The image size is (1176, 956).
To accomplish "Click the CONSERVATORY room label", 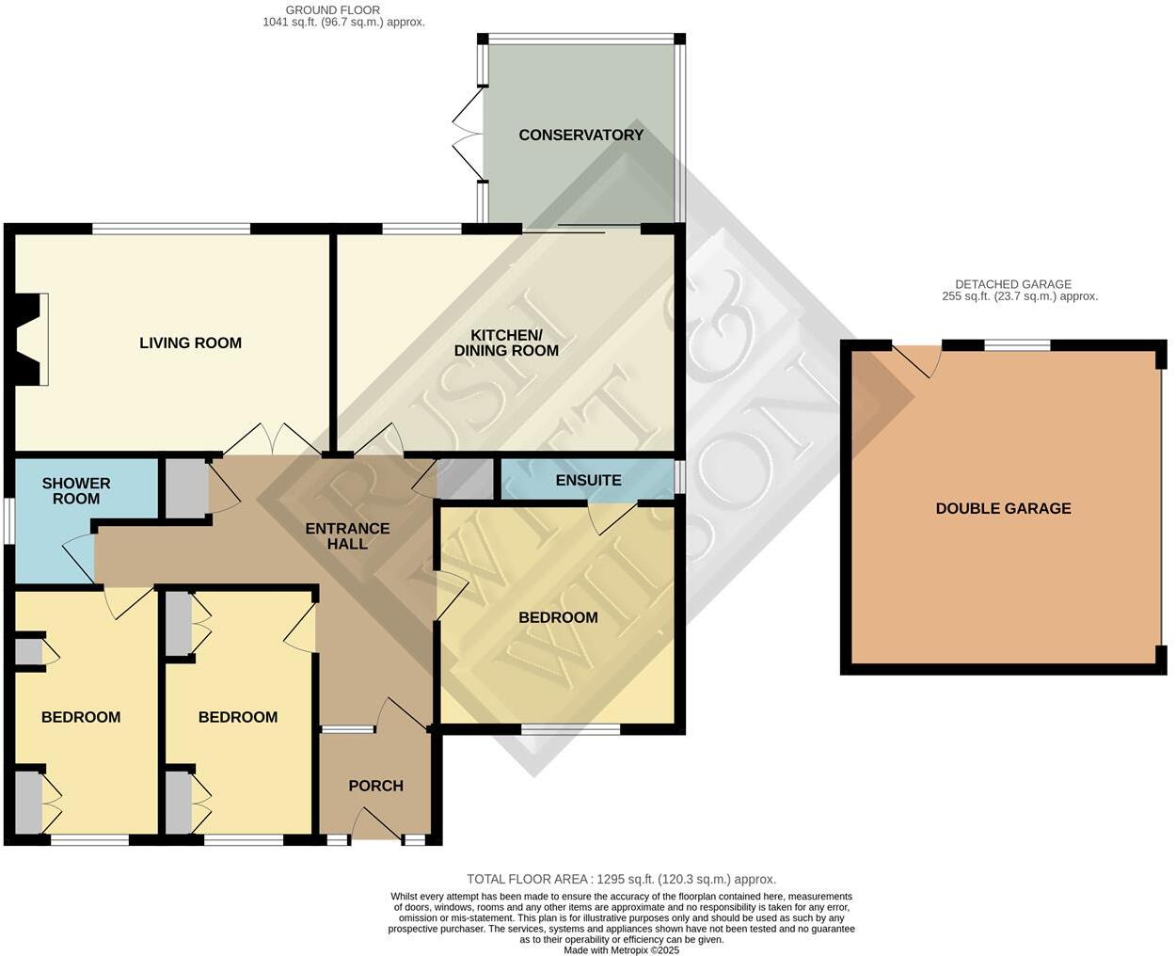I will click(x=580, y=135).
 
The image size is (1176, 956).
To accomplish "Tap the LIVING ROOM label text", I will click(x=190, y=343).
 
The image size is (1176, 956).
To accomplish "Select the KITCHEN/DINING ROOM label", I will click(x=506, y=343).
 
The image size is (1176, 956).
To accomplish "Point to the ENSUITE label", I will click(x=588, y=480).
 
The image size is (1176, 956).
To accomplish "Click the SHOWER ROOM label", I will click(x=76, y=490).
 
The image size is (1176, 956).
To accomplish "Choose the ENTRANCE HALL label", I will click(x=347, y=535).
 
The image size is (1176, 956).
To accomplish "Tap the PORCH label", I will click(x=375, y=786).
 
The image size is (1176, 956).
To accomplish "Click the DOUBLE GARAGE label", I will click(x=1003, y=508).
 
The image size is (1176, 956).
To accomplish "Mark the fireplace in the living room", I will click(x=30, y=340).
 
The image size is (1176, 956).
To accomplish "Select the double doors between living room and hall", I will click(x=274, y=439).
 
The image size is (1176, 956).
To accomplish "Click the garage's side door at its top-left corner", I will click(x=916, y=360).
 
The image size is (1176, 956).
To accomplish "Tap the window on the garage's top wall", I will click(x=1017, y=345).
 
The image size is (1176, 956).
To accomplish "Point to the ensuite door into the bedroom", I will click(x=611, y=517).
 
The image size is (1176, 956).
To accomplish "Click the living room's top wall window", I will click(x=171, y=228).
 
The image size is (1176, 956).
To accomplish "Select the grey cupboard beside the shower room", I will click(x=185, y=487).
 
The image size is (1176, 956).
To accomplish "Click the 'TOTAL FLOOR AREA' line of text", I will click(x=621, y=879).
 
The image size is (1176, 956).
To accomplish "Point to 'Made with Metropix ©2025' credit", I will click(x=621, y=950).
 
